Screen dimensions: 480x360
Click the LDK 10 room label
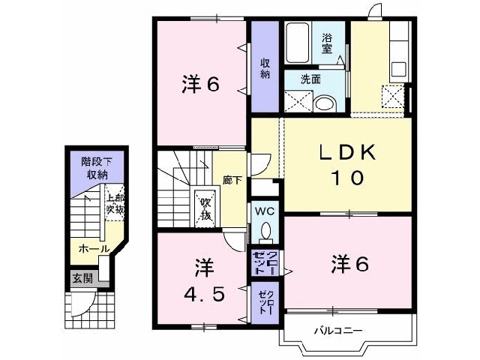pos(347,164)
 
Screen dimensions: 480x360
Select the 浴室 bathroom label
pos(327,43)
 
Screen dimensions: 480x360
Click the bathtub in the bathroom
pos(298,43)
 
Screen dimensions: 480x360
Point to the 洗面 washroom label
pos(310,79)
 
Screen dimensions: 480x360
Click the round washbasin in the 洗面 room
pos(325,104)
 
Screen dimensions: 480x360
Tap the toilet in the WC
pos(265,232)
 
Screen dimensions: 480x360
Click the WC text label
pos(265,211)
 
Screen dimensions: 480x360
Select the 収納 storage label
pos(265,68)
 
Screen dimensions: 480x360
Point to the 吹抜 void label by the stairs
pos(205,209)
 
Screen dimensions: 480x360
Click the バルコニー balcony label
pos(339,330)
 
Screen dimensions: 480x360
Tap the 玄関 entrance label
pos(82,278)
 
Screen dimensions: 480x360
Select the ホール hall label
pos(94,248)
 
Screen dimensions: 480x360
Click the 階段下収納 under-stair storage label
pos(96,168)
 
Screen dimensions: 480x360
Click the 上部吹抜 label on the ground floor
pos(115,203)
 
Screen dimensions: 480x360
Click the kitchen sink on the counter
pos(400,69)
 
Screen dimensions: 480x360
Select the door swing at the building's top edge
pos(375,10)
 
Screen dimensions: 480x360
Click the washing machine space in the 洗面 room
pos(298,101)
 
